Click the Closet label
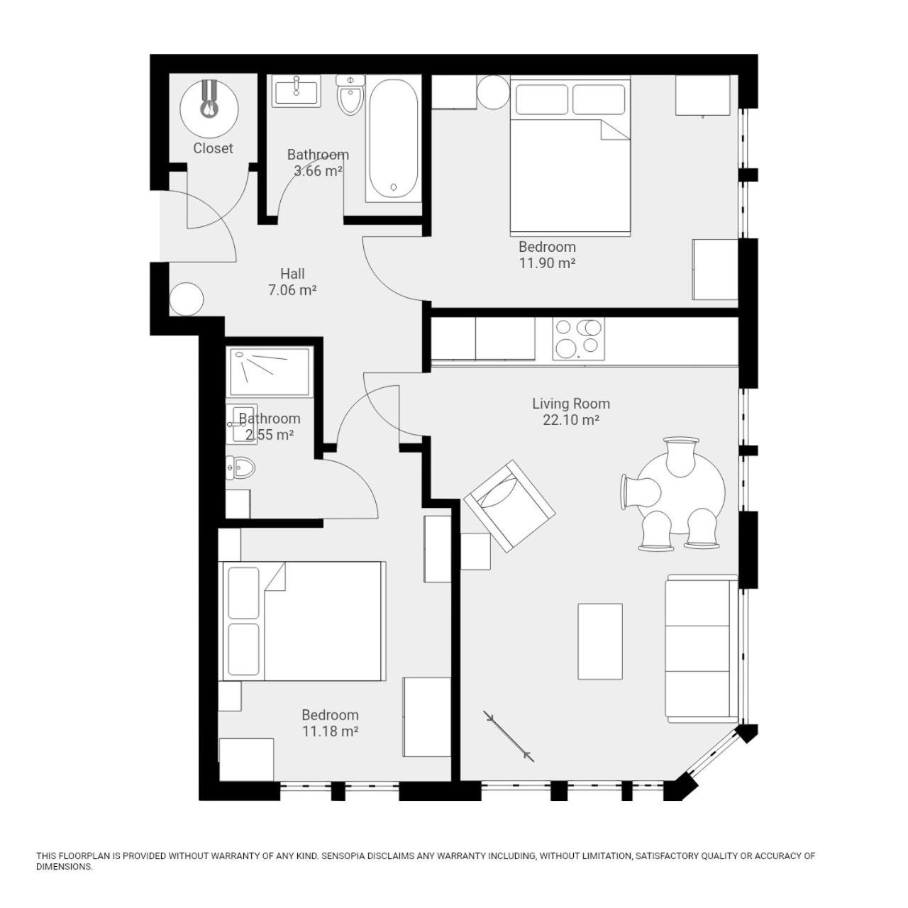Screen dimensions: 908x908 pyautogui.click(x=213, y=148)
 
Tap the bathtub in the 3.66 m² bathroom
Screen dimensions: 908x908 pyautogui.click(x=394, y=139)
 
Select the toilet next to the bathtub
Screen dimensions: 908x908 pyautogui.click(x=350, y=95)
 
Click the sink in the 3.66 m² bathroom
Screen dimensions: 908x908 pyautogui.click(x=297, y=91)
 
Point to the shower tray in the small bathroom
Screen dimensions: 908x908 pyautogui.click(x=270, y=372)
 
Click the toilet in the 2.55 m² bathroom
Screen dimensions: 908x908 pyautogui.click(x=240, y=468)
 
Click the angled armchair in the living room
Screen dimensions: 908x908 pyautogui.click(x=509, y=506)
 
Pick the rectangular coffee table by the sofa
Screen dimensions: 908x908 pyautogui.click(x=600, y=641)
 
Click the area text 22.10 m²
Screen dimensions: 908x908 pyautogui.click(x=571, y=420)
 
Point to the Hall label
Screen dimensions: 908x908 pyautogui.click(x=292, y=274)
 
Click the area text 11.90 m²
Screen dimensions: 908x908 pyautogui.click(x=547, y=263)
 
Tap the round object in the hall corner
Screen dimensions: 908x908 pyautogui.click(x=187, y=299)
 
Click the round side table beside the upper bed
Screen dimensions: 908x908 pyautogui.click(x=493, y=92)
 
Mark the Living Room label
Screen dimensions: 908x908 pyautogui.click(x=571, y=404)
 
